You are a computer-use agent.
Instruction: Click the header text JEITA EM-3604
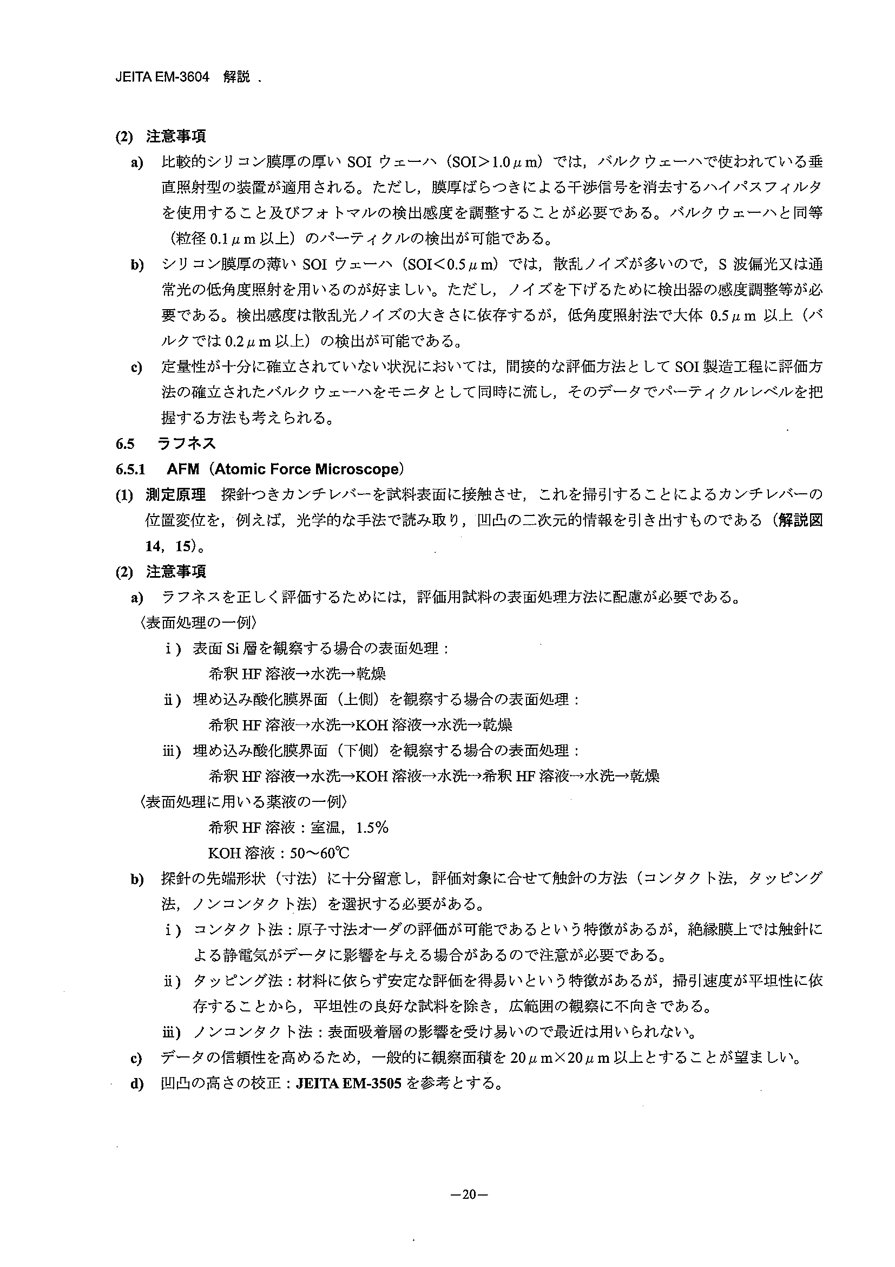coord(163,77)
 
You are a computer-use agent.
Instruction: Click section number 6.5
coord(125,443)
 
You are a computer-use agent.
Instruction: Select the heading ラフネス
coord(186,443)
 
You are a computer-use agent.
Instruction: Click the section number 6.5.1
coord(130,469)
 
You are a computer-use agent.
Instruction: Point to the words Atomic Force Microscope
coord(306,469)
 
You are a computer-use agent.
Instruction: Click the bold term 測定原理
coord(175,494)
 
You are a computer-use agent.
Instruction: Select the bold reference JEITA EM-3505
coord(348,1083)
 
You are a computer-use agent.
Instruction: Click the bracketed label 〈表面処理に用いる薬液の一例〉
coord(245,802)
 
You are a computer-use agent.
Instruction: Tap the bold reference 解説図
coord(800,520)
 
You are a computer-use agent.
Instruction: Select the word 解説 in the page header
coord(236,77)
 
